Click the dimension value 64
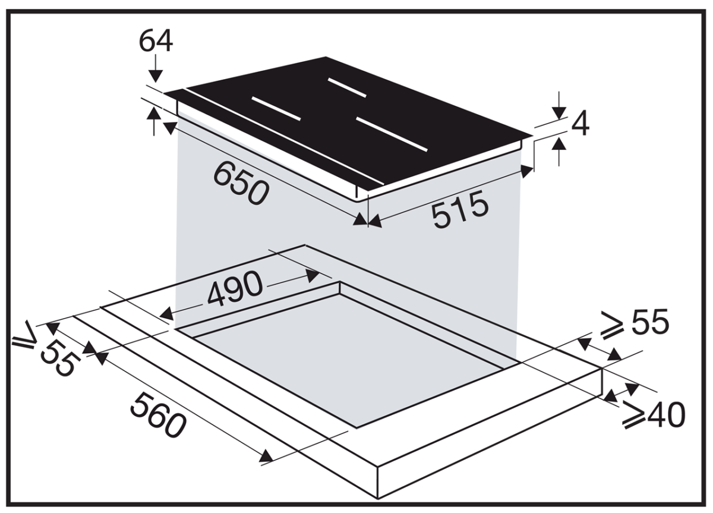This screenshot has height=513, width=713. [156, 41]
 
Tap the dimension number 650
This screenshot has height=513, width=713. [241, 184]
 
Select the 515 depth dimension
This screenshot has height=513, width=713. [460, 209]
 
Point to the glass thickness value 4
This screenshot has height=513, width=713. [581, 123]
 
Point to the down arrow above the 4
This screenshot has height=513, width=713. [559, 111]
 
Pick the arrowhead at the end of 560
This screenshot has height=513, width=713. [266, 456]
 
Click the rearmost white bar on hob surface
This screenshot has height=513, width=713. [347, 87]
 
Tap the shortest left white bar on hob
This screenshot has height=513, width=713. [276, 109]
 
